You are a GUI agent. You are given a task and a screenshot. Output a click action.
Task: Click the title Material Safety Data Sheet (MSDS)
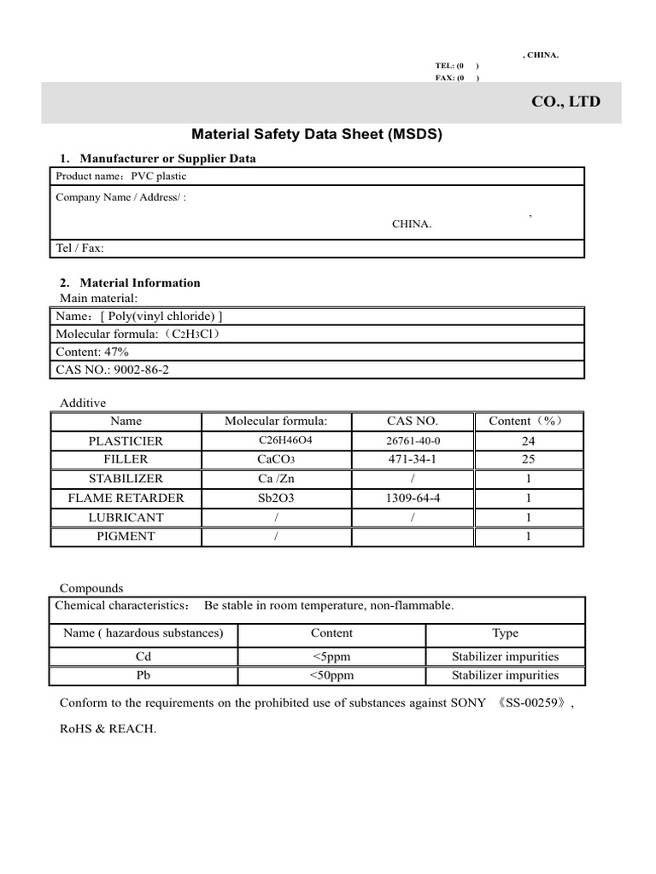pos(317,134)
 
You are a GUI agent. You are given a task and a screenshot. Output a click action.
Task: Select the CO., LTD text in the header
pos(565,102)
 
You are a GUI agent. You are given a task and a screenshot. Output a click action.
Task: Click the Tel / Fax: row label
pos(79,248)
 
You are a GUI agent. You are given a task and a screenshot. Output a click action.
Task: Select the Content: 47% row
pos(92,352)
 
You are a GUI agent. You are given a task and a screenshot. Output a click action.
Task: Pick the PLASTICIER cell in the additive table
pos(126,441)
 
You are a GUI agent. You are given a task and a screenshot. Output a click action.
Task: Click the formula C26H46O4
pos(275,440)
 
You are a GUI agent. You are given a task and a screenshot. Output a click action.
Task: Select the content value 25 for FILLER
pos(528,460)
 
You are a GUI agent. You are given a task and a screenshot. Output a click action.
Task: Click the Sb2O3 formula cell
pos(275,498)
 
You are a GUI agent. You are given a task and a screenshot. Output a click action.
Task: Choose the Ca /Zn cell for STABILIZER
pos(275,479)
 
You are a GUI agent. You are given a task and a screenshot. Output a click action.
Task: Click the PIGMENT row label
pos(126,537)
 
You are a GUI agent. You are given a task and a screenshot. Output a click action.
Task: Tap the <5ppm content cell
pos(331,657)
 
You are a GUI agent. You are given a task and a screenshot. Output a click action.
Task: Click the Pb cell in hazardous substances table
pos(143,675)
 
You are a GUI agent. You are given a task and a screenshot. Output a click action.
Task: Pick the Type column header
pos(505,633)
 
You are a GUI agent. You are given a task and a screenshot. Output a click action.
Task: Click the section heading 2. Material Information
pos(130,283)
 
